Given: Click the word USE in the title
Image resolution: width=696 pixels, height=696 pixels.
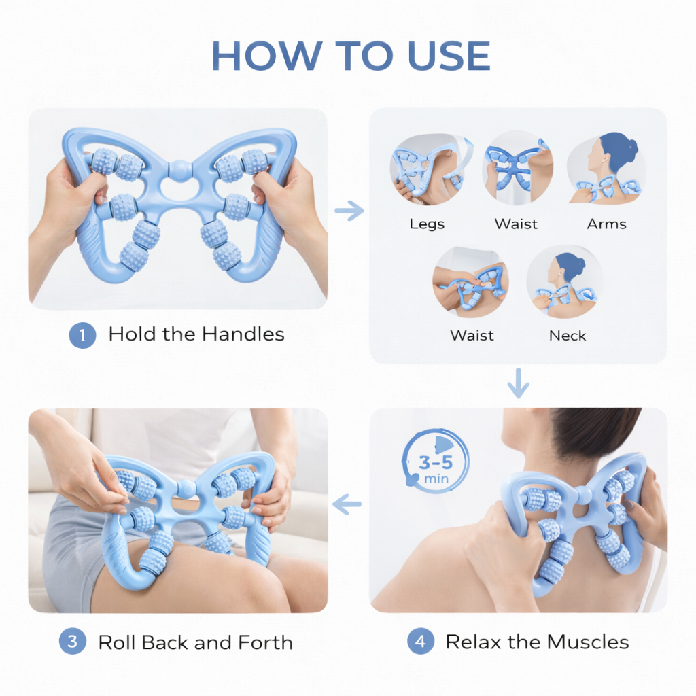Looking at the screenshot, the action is tap(449, 56).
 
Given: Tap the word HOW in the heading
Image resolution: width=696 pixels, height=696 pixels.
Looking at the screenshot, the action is tap(266, 56).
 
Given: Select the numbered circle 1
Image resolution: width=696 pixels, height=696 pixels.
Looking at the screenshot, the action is tap(82, 334).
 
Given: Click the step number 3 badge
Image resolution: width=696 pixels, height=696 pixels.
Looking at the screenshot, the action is tap(72, 642).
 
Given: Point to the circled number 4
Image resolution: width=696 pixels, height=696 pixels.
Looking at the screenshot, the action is tap(420, 642).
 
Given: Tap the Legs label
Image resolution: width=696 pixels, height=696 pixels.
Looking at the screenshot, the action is tap(427, 224).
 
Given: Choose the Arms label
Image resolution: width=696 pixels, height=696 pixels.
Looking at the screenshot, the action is tap(607, 224).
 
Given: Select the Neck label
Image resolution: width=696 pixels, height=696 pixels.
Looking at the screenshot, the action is tap(568, 336).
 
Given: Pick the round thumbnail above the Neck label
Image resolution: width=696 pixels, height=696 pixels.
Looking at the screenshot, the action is tap(564, 282).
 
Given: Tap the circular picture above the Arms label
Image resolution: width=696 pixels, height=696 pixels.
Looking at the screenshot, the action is tap(606, 169).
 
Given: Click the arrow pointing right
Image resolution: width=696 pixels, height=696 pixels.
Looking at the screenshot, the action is tap(349, 211).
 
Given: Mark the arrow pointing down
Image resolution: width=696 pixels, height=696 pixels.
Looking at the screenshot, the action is tap(518, 383).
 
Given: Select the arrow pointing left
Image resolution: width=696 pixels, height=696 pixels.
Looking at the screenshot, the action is tap(347, 505).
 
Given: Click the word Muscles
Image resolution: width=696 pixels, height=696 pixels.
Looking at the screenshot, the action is tap(588, 642).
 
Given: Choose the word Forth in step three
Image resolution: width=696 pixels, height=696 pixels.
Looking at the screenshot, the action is tap(266, 642).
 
